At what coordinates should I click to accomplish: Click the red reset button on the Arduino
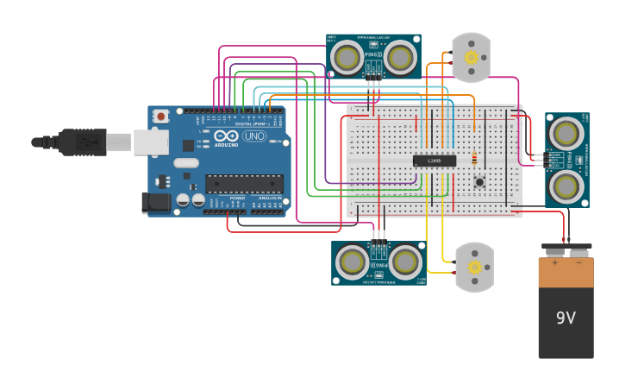click(161, 117)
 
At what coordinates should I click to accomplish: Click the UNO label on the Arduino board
click(254, 136)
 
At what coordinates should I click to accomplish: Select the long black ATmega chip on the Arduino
click(244, 183)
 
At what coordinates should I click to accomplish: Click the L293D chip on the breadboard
click(434, 161)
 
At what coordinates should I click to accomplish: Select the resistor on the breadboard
click(474, 159)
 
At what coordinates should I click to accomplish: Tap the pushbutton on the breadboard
click(479, 181)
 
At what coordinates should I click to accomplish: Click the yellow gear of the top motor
click(471, 57)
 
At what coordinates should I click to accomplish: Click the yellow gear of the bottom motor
click(474, 268)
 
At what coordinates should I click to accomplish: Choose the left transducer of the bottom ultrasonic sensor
click(353, 262)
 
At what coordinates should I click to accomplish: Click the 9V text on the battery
click(566, 318)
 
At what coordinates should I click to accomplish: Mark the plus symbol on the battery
click(554, 262)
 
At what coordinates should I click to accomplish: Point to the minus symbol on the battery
click(578, 262)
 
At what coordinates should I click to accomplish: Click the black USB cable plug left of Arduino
click(82, 142)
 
